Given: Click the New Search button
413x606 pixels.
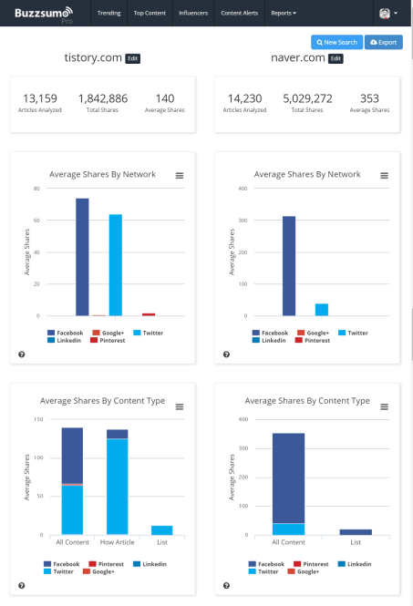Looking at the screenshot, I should [x=336, y=43].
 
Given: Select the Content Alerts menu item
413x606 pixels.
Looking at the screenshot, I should [x=240, y=14].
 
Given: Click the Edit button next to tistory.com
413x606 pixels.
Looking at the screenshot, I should [x=133, y=58].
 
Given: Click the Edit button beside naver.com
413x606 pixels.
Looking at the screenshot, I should [x=336, y=58].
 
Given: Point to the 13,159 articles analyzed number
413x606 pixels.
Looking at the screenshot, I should [x=40, y=98].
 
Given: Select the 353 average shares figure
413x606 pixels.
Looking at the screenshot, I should [x=369, y=98].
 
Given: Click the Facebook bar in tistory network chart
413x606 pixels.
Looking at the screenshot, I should [x=82, y=257].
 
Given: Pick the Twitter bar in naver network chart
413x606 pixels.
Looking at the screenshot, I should [x=321, y=310].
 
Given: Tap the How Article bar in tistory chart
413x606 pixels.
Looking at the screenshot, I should [x=118, y=483].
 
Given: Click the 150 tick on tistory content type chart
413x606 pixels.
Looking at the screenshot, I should [x=38, y=420].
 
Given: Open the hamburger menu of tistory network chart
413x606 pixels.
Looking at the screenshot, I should [x=180, y=175].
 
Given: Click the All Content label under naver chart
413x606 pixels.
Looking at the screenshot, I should [x=287, y=542].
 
